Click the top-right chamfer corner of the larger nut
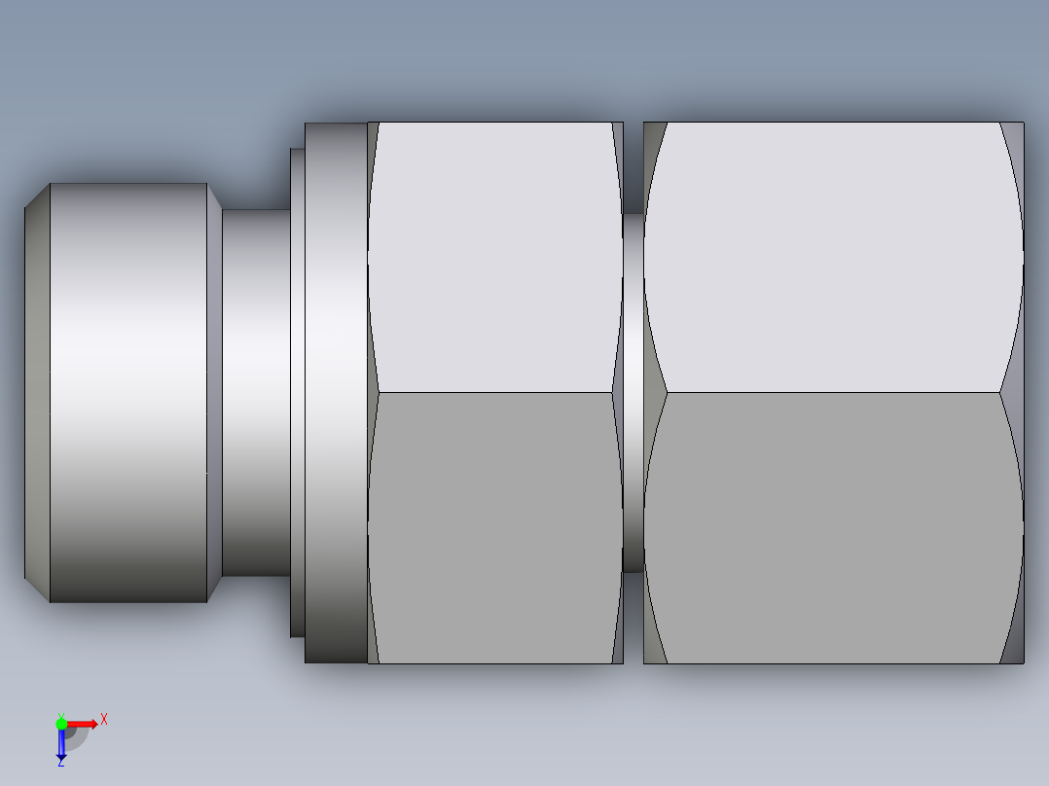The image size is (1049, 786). coord(1013,146)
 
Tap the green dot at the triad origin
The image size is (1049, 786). coord(61,723)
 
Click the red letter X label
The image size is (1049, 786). coord(104,719)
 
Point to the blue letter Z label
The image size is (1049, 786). coord(60,764)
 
